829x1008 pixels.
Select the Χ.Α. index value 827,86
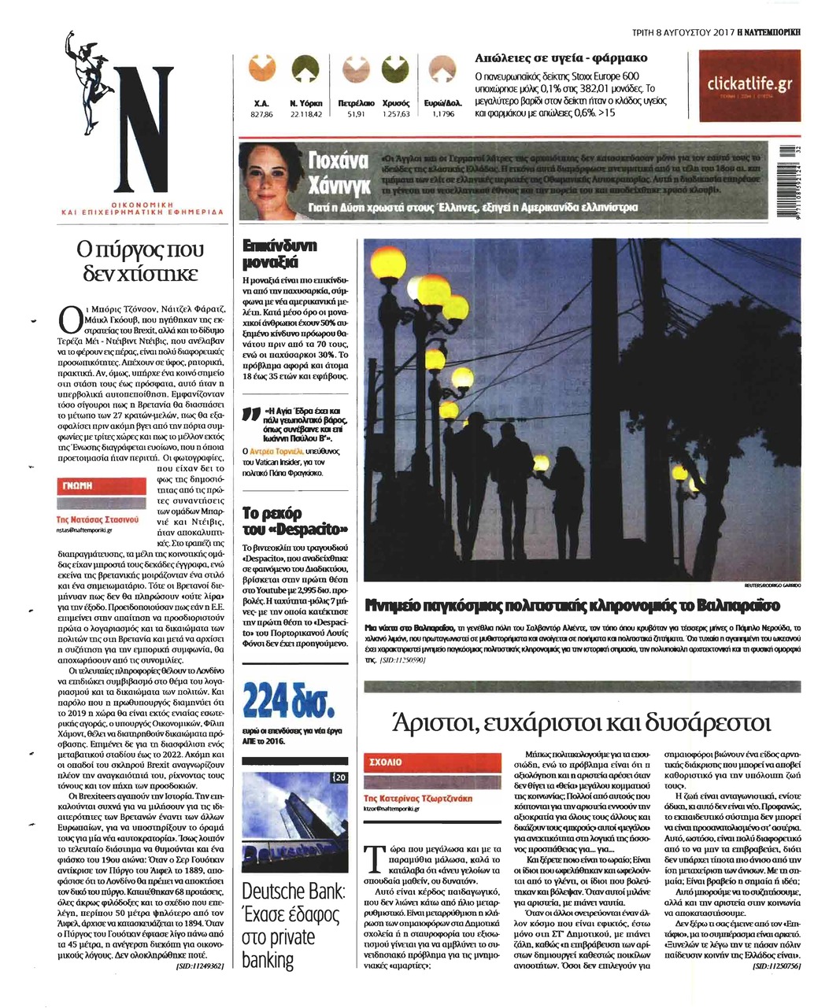click(x=261, y=115)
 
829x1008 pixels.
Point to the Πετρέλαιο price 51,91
click(x=356, y=115)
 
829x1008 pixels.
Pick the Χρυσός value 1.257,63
click(x=396, y=115)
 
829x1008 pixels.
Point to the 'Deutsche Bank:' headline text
click(x=293, y=892)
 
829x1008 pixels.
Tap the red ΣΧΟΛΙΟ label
click(x=386, y=762)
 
